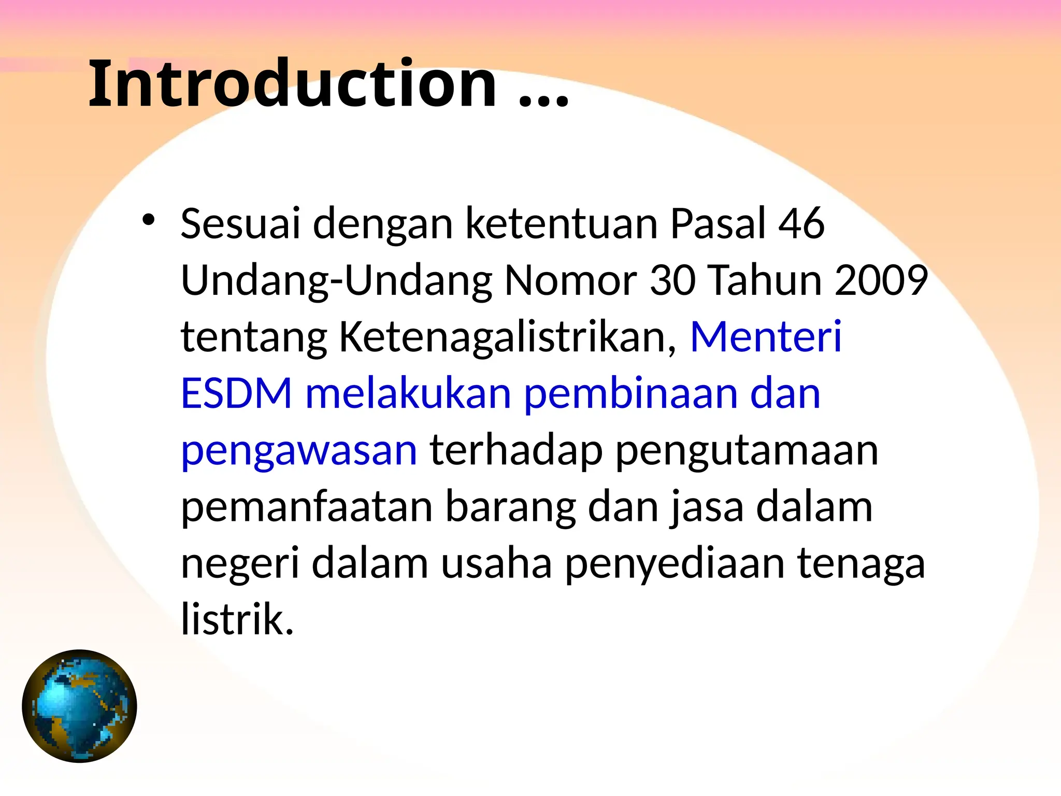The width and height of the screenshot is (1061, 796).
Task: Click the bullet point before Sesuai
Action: [x=149, y=220]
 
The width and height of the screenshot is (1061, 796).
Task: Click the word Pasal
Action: [x=718, y=223]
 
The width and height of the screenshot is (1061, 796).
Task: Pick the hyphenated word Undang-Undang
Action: [x=336, y=280]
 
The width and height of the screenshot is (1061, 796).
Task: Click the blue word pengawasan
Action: [x=299, y=452]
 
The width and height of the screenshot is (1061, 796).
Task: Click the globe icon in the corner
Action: [x=79, y=706]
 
